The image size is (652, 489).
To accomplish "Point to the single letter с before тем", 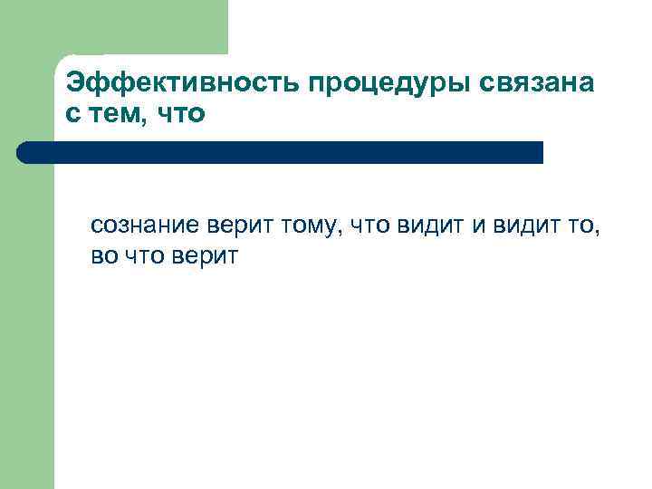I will pyautogui.click(x=73, y=116).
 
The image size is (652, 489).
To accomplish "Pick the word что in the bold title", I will pyautogui.click(x=181, y=116).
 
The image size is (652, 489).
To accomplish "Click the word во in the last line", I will pyautogui.click(x=103, y=256).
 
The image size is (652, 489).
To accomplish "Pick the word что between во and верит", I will pyautogui.click(x=144, y=256).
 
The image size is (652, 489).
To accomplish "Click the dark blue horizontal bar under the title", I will pyautogui.click(x=290, y=152).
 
